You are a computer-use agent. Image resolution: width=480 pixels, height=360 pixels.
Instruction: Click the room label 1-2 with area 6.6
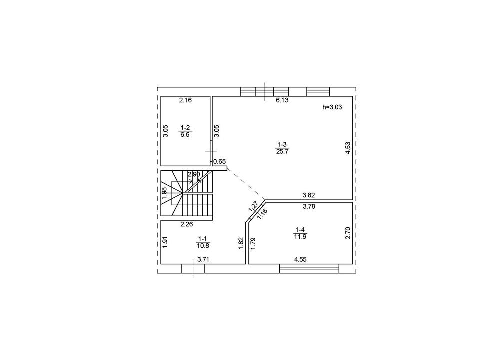(x=185, y=131)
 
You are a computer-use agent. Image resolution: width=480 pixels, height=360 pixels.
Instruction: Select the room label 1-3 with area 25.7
(x=282, y=148)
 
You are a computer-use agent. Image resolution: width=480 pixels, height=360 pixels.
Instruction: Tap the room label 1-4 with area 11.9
(x=300, y=233)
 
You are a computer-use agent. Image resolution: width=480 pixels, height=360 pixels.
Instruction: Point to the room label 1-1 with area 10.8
(x=203, y=242)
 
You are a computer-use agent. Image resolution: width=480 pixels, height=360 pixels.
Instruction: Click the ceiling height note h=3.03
(x=332, y=107)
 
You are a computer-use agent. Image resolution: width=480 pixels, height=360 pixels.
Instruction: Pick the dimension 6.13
(x=282, y=100)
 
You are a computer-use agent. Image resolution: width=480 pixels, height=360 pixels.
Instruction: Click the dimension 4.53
(x=348, y=148)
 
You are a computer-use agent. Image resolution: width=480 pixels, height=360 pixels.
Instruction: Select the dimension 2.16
(x=185, y=100)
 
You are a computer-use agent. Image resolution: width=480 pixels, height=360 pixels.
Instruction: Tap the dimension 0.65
(x=219, y=161)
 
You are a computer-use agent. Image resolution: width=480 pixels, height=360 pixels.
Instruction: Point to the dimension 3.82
(x=308, y=195)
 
